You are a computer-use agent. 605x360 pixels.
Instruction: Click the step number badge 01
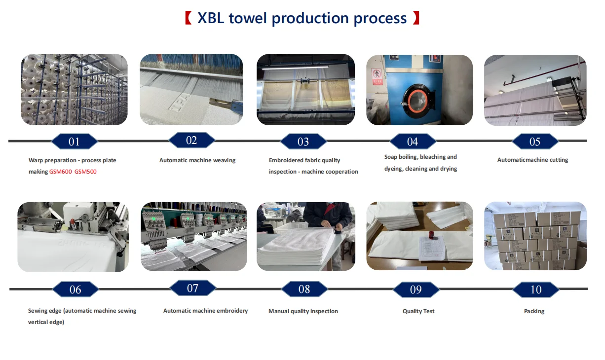75,141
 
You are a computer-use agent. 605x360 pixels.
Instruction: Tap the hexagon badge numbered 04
413,141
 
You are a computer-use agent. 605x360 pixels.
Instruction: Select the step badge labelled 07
192,288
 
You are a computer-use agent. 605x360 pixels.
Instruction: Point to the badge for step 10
536,289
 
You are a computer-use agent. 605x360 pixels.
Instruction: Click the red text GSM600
61,172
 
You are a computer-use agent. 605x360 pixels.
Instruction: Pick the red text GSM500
85,172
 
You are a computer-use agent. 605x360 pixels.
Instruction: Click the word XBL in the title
211,18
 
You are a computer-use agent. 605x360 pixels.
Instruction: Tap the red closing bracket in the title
416,18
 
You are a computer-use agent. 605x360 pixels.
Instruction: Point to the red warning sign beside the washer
377,76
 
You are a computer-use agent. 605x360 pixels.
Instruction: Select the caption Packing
534,311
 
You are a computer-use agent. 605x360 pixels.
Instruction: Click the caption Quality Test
418,311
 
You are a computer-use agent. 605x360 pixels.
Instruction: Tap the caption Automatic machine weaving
197,160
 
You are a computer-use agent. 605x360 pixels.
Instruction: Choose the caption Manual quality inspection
303,311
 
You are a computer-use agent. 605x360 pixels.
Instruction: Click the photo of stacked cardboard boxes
535,236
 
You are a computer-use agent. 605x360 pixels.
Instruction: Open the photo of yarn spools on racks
75,90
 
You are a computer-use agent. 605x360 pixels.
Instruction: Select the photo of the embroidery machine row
193,236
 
